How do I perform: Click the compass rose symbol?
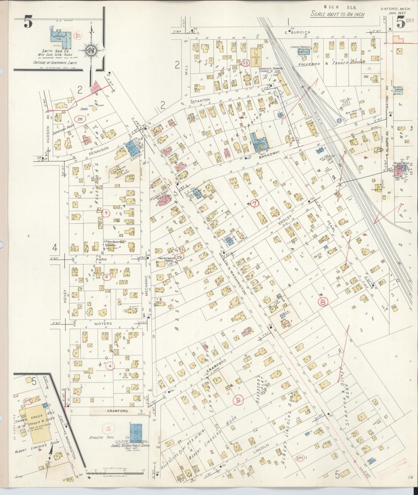pos(91,50)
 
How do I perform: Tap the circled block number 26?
pos(80,119)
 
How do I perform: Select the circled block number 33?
pos(245,63)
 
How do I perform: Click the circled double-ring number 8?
pos(323,302)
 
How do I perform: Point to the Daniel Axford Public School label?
pos(130,446)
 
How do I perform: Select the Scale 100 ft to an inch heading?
pos(338,14)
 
